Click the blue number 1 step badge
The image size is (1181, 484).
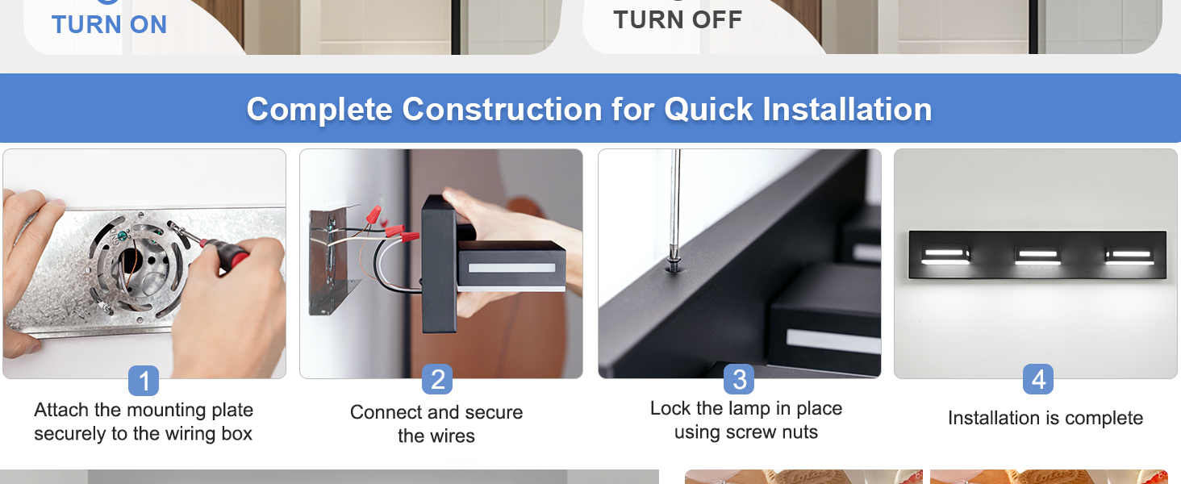pyautogui.click(x=144, y=381)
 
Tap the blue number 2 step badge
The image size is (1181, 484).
pyautogui.click(x=437, y=380)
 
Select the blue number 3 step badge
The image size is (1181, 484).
pyautogui.click(x=739, y=379)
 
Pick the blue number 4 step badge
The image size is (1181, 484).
pyautogui.click(x=1038, y=379)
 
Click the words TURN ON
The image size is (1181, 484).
pyautogui.click(x=109, y=24)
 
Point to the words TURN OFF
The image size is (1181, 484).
pyautogui.click(x=678, y=20)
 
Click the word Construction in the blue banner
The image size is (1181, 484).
pyautogui.click(x=502, y=109)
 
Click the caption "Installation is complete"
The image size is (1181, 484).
pyautogui.click(x=1045, y=418)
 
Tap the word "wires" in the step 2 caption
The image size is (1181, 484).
pyautogui.click(x=436, y=436)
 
